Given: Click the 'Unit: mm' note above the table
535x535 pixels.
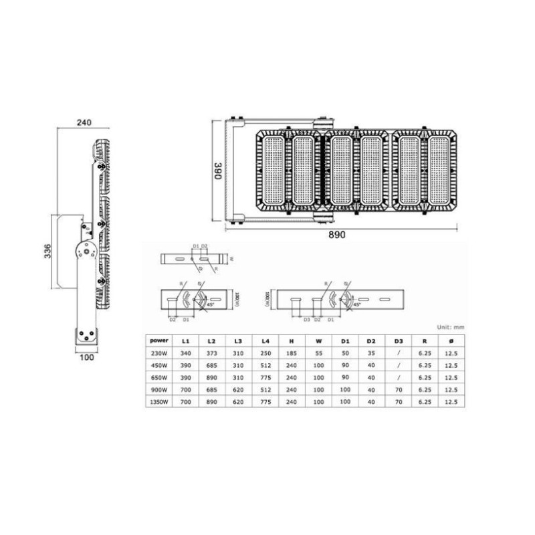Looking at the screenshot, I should (x=449, y=327).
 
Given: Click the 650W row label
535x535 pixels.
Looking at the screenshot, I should (x=160, y=377).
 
